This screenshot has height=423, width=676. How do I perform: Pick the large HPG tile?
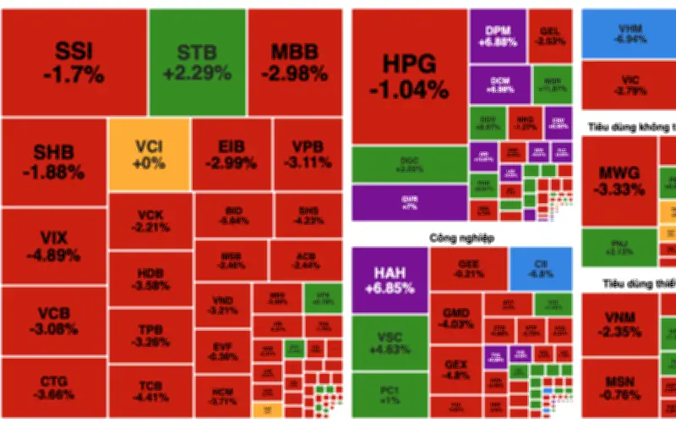[x=409, y=76]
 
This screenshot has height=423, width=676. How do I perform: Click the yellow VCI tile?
[x=149, y=155]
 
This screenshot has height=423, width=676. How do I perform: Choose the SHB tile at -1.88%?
[x=54, y=161]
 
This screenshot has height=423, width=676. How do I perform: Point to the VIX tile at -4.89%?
[x=54, y=245]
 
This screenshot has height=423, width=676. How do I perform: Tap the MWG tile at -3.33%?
[x=619, y=179]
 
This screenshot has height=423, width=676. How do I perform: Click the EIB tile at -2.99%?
[x=232, y=155]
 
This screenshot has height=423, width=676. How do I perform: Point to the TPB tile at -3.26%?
[x=150, y=336]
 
